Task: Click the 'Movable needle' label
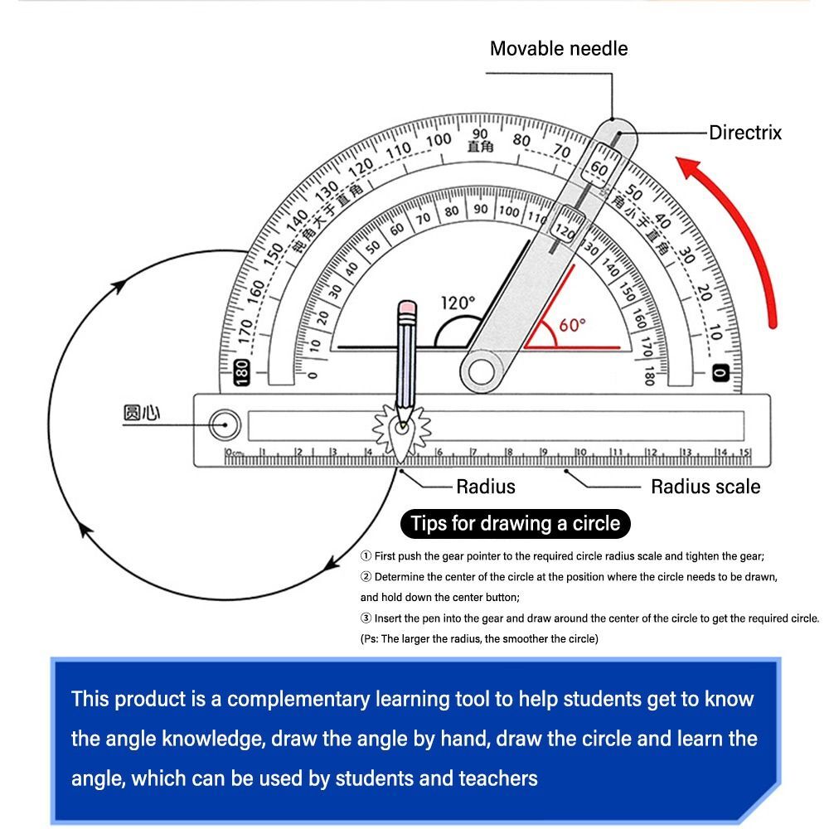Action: pyautogui.click(x=558, y=48)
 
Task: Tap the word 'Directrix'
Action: pyautogui.click(x=744, y=133)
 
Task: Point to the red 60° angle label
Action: pyautogui.click(x=572, y=325)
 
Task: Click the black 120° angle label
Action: pyautogui.click(x=458, y=303)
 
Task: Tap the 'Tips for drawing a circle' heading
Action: pyautogui.click(x=515, y=524)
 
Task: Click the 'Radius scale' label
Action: pyautogui.click(x=705, y=487)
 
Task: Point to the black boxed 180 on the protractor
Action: pyautogui.click(x=242, y=373)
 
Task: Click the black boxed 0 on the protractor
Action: pyautogui.click(x=720, y=373)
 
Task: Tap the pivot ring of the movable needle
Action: pyautogui.click(x=482, y=369)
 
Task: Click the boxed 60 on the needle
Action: pyautogui.click(x=598, y=168)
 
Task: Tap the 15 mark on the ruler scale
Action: pyautogui.click(x=744, y=452)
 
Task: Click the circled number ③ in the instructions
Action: pyautogui.click(x=366, y=618)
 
